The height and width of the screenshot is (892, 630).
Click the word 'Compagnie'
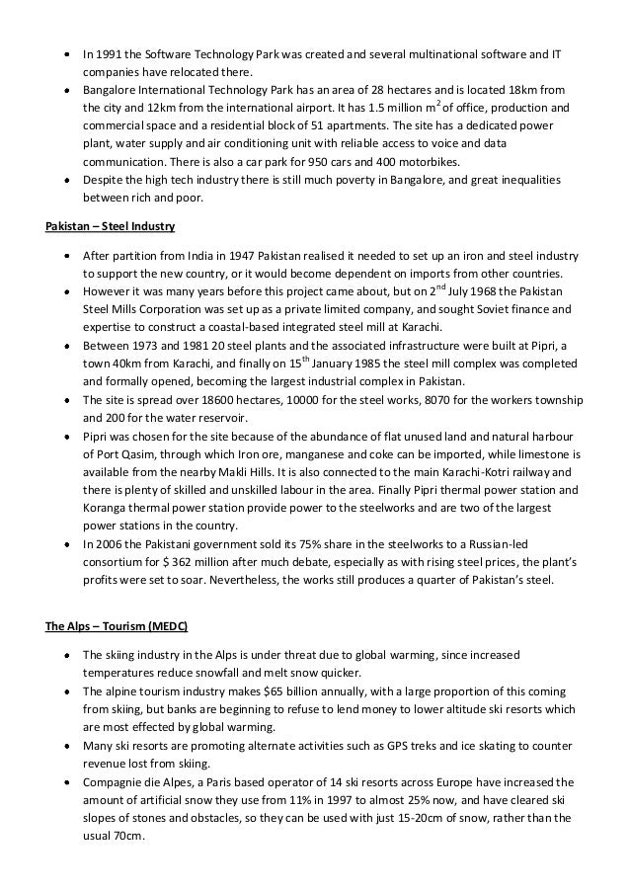pyautogui.click(x=113, y=780)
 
